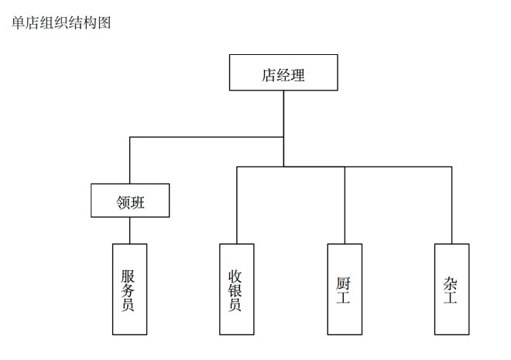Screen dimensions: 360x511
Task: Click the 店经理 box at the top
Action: (283, 73)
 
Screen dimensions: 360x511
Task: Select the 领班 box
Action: (130, 201)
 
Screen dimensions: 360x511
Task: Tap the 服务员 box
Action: (129, 289)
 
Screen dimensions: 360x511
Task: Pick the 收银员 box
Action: (236, 289)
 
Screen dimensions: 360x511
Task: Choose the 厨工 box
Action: (345, 289)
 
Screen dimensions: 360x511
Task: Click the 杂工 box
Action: (451, 289)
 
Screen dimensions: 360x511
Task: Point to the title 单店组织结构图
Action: (61, 22)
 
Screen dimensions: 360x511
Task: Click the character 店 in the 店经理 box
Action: (269, 75)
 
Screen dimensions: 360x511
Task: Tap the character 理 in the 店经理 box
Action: (298, 75)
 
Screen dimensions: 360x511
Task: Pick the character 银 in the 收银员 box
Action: (236, 290)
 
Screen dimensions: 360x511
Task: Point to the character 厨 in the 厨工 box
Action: (345, 280)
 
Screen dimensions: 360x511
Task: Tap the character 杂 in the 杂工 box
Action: (451, 280)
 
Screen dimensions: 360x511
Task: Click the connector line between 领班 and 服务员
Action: (130, 231)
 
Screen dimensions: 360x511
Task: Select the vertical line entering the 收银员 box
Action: (237, 205)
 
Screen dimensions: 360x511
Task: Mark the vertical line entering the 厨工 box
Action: (345, 205)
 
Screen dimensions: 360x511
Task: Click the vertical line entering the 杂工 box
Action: (451, 205)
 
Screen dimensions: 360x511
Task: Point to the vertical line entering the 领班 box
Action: (130, 160)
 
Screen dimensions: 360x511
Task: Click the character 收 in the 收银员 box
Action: (236, 276)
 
